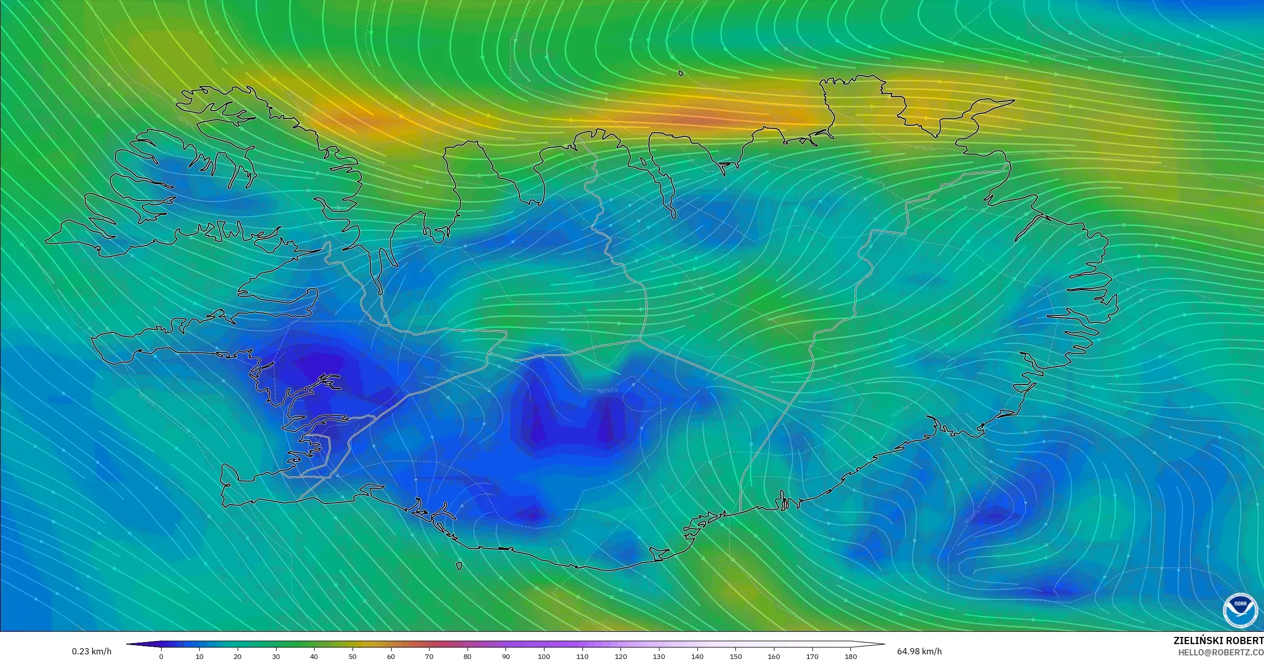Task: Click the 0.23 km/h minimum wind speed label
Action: point(91,651)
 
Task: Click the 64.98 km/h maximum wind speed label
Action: point(919,651)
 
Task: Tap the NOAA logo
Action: point(1240,611)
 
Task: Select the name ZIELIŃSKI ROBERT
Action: point(1218,641)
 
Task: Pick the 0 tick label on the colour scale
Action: point(161,656)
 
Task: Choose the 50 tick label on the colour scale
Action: point(353,656)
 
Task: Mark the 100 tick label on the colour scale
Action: point(544,656)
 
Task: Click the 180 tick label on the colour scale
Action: point(850,656)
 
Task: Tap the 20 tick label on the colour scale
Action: point(238,656)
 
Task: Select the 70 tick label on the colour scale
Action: point(429,656)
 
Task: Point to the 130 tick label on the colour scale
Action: point(659,656)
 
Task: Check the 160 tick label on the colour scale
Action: point(774,656)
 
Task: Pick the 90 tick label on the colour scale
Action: point(506,656)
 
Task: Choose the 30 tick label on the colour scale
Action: point(276,656)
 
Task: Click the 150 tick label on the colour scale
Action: point(735,656)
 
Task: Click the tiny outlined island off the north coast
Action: point(681,73)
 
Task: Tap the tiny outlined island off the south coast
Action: point(459,566)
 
